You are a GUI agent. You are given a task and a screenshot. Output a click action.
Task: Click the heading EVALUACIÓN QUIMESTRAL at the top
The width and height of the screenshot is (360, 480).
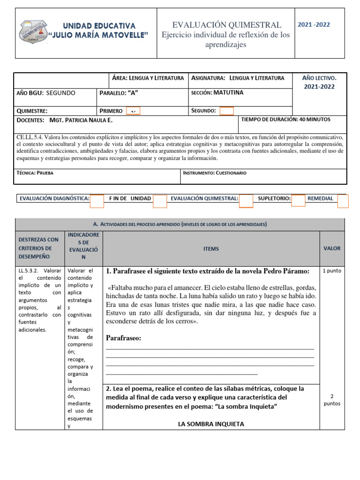point(227,25)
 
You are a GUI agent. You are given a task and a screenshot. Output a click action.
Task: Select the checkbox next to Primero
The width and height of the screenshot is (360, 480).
point(134,111)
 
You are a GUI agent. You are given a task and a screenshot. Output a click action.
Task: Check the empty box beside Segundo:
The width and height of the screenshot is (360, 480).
point(226,111)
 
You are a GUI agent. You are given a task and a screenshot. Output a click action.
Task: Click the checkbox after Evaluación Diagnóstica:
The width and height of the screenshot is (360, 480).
point(97,201)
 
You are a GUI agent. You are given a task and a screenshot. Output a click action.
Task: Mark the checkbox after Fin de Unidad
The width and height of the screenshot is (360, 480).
point(160,201)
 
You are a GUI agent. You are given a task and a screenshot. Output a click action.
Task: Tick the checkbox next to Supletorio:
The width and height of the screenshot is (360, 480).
point(298,201)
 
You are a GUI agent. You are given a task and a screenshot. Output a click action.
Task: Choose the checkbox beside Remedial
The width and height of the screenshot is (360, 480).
point(343,201)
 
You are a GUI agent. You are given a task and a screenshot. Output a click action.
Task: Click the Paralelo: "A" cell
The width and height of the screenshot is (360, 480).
point(120,93)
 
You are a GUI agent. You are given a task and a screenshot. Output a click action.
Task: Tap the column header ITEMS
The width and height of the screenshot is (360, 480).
point(211,249)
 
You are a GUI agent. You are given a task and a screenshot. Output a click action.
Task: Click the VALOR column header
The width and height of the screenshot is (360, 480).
point(332,248)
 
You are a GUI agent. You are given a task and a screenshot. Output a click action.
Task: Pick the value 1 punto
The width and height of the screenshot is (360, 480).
point(332,271)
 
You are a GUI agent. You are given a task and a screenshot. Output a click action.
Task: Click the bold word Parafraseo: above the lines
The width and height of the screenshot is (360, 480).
point(124,338)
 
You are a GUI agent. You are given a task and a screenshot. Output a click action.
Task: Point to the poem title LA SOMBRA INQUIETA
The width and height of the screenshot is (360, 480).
point(211,424)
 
